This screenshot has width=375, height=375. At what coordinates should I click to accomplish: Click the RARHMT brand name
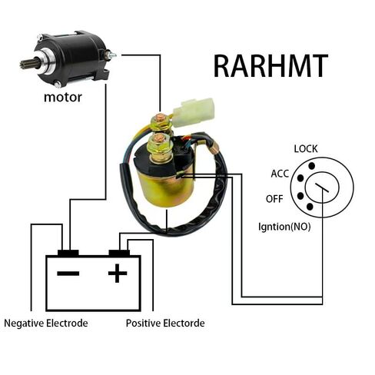tap(270, 66)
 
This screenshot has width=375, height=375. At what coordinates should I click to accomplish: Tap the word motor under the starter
tap(63, 98)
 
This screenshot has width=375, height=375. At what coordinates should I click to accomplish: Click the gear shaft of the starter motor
tap(27, 64)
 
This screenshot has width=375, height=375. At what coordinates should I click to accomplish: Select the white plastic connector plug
tap(194, 112)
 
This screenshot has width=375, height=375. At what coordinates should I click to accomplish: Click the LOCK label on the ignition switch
tap(306, 149)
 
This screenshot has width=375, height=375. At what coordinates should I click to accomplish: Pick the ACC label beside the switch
tap(280, 174)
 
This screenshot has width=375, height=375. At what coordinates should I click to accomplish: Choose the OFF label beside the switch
tap(274, 199)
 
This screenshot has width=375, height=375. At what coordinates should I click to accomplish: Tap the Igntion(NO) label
tap(284, 227)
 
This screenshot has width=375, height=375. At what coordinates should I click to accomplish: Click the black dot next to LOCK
tap(311, 166)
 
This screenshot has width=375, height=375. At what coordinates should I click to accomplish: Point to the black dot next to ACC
tap(300, 178)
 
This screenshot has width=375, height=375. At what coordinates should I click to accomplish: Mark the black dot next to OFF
tap(300, 196)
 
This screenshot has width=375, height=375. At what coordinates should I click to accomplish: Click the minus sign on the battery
tap(68, 274)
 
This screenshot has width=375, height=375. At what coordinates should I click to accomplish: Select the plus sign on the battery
tap(118, 273)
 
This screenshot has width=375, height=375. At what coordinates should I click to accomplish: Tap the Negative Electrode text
tap(46, 323)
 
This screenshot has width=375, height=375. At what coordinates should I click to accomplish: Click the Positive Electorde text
tap(165, 323)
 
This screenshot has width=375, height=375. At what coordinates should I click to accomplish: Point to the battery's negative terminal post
tap(68, 253)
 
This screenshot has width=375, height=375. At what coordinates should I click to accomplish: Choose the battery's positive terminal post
tap(119, 253)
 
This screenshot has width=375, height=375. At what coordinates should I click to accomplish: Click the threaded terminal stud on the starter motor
tap(111, 55)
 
